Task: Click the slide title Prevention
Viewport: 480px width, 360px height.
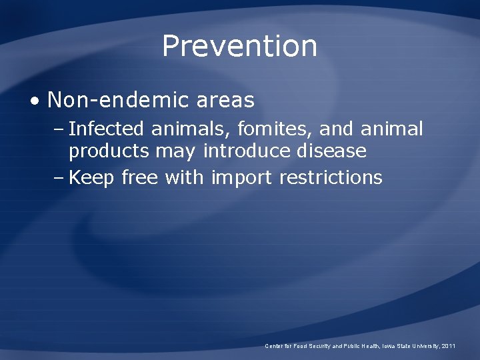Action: (x=239, y=46)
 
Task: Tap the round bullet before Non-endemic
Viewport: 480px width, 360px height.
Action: (x=35, y=101)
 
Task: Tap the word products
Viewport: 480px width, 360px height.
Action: (x=109, y=151)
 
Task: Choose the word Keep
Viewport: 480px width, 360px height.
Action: (x=92, y=178)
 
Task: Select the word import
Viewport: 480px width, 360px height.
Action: (x=242, y=178)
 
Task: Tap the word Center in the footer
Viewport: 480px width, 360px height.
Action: (x=275, y=346)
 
